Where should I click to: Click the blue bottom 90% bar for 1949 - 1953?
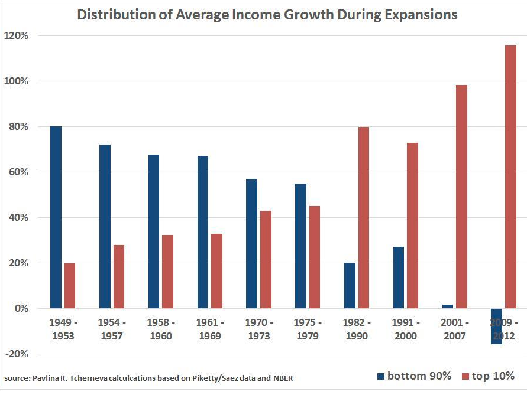pyautogui.click(x=56, y=217)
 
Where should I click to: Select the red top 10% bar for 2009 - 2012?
pyautogui.click(x=510, y=177)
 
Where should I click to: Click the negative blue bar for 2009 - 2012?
pyautogui.click(x=496, y=327)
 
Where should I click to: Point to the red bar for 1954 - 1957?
pyautogui.click(x=118, y=276)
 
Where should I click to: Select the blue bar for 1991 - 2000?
pyautogui.click(x=398, y=278)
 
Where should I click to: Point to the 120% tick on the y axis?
pyautogui.click(x=17, y=36)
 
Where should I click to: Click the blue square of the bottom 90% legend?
pyautogui.click(x=381, y=376)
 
